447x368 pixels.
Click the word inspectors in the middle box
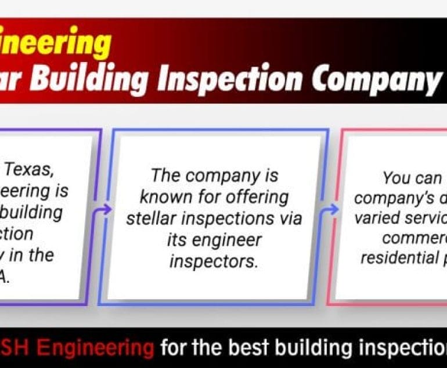[x=214, y=260]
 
